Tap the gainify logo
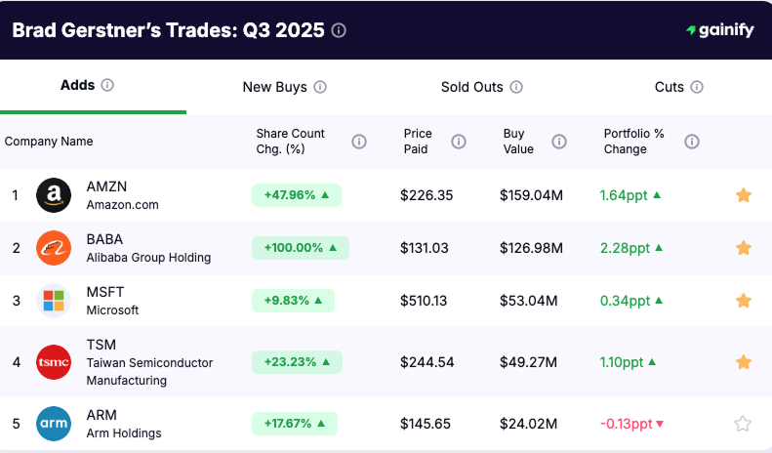[719, 30]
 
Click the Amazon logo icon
[54, 195]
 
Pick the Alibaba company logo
[54, 248]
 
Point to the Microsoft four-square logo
[54, 301]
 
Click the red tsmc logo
[54, 361]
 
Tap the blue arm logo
[54, 424]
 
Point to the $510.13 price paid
[424, 301]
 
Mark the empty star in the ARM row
[743, 424]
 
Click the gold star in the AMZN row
[743, 195]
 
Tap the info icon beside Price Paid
[459, 142]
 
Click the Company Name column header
[49, 142]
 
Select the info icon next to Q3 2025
[339, 30]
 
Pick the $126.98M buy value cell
[531, 248]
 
